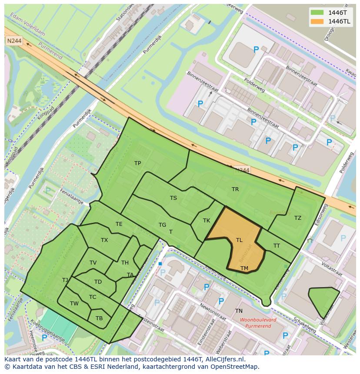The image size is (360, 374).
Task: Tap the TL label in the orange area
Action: tap(239, 240)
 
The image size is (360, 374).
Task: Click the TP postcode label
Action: tap(137, 163)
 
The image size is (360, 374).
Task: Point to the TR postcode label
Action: tap(235, 189)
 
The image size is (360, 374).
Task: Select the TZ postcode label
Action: tap(297, 218)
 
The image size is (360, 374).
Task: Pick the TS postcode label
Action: tap(173, 198)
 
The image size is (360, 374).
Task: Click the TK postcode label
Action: tap(207, 221)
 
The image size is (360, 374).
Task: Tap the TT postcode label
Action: tap(277, 246)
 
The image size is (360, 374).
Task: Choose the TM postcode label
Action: tap(244, 268)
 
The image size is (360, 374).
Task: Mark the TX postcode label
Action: tap(104, 240)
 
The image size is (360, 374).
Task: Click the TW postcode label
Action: tap(74, 304)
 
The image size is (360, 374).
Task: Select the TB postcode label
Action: tap(99, 318)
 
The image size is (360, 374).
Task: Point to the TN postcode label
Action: tap(239, 311)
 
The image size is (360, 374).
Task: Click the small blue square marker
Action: tap(160, 264)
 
